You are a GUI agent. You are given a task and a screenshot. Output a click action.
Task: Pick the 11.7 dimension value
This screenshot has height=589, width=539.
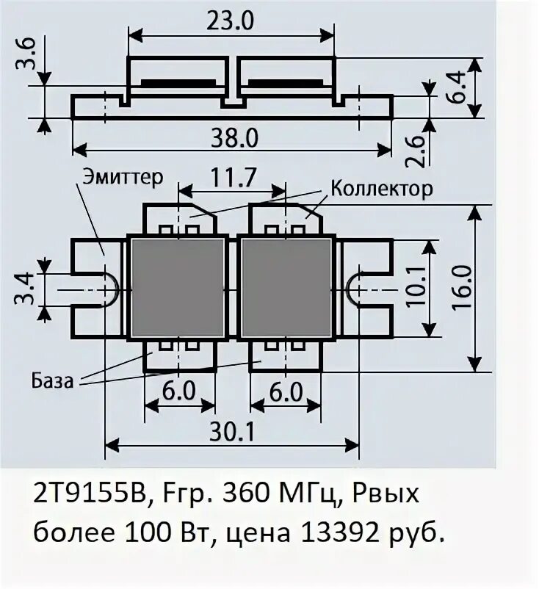point(231,177)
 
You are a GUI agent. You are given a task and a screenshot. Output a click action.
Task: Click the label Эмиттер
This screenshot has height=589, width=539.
point(122,178)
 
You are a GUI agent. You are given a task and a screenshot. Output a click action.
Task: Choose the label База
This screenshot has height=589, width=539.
point(53,381)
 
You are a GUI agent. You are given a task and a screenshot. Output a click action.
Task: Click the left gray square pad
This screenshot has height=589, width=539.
point(177,286)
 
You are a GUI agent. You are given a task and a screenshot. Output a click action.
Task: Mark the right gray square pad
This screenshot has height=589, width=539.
point(286,286)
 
